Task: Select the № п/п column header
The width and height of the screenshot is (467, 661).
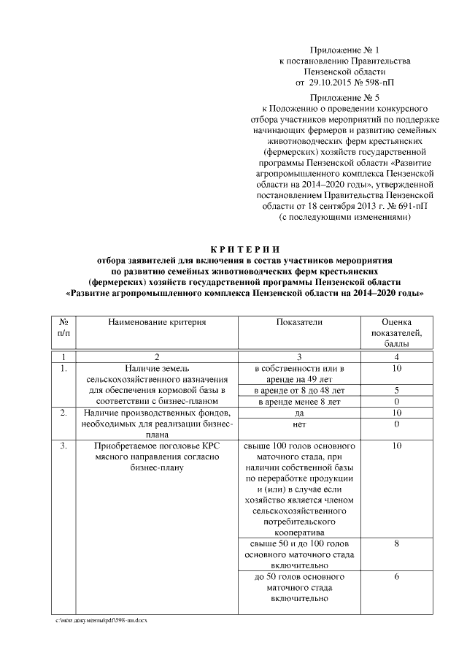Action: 63,327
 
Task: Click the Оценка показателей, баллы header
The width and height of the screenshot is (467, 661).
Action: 396,332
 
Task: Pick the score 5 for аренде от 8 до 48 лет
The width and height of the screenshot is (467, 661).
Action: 396,391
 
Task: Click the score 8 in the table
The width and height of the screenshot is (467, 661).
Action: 396,544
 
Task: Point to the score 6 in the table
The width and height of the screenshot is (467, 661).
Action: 396,577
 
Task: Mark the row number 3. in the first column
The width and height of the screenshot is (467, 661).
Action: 63,446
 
